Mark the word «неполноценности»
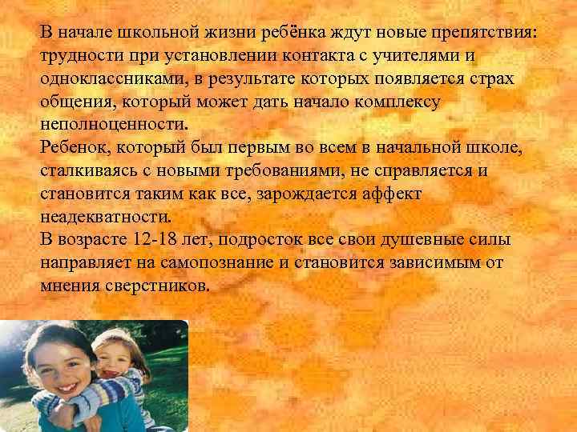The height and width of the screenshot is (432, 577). [112, 126]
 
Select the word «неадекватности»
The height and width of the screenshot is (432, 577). [105, 217]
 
